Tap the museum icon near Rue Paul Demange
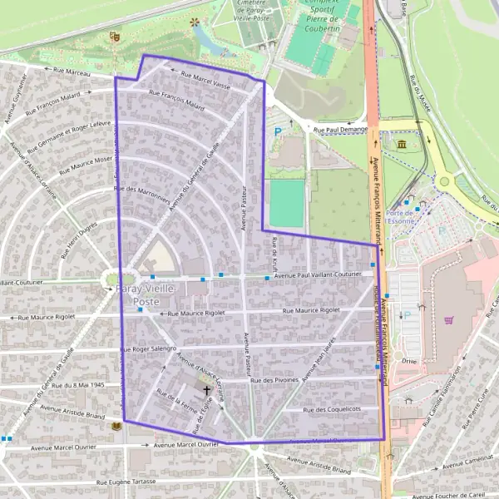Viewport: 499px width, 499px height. point(403,146)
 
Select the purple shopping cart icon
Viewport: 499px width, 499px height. point(450,317)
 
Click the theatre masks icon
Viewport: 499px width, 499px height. point(113,37)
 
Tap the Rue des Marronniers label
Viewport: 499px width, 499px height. point(144,195)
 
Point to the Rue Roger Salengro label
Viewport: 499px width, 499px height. point(150,349)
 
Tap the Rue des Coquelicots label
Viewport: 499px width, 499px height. point(332,409)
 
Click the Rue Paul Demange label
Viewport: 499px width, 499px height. point(340,130)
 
